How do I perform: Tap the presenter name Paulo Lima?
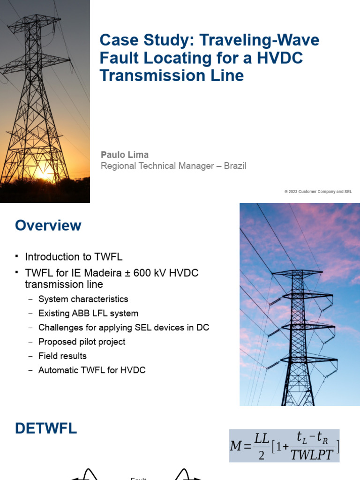(125, 155)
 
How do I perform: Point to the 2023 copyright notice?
(318, 192)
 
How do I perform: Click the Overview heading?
(48, 225)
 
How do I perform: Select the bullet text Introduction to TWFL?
(74, 257)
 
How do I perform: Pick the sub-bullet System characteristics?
(83, 299)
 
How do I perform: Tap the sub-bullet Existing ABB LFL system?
(88, 313)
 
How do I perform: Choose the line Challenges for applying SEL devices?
(124, 328)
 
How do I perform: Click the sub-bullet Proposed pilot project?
(82, 342)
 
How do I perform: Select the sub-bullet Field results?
(62, 356)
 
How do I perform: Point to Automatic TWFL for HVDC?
(92, 370)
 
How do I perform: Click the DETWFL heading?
(46, 428)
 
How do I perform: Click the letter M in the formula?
(236, 446)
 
